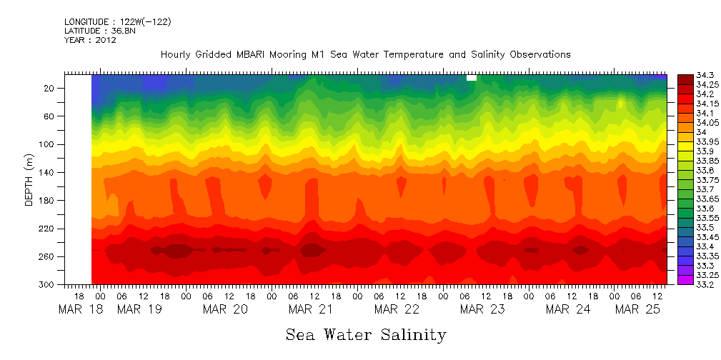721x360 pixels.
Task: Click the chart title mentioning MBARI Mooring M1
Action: coord(365,54)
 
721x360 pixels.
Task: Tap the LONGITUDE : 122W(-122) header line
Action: coord(117,22)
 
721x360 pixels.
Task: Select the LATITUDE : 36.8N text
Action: coord(98,31)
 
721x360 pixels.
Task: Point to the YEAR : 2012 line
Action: coord(90,40)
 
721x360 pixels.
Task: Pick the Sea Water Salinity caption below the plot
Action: coord(366,334)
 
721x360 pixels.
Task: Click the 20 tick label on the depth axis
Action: coord(50,88)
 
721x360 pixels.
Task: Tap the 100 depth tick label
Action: coord(48,144)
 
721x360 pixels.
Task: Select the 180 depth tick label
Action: coord(48,201)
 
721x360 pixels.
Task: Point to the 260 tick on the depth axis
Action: coord(48,256)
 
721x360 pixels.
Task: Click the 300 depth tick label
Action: coord(48,284)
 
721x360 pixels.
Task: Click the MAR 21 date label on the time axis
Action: coord(311,309)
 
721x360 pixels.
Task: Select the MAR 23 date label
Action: coord(482,309)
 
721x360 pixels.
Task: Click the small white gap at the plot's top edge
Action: coord(471,77)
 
